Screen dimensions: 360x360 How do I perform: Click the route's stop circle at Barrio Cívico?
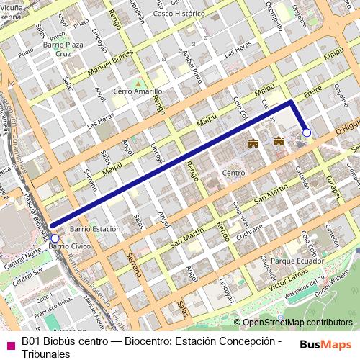point(55,238)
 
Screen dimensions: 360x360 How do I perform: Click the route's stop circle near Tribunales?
point(307,132)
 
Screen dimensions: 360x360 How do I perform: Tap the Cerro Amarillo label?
point(138,92)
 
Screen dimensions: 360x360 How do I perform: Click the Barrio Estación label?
point(95,228)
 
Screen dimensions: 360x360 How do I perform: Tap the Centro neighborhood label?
point(234,173)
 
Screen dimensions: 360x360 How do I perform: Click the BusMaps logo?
point(325,345)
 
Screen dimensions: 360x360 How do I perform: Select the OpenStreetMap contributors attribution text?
point(297,323)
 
